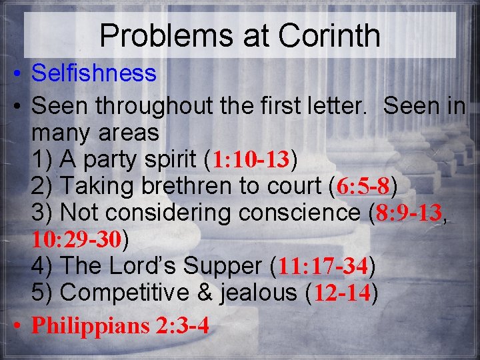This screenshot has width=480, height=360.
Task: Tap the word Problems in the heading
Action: [162, 36]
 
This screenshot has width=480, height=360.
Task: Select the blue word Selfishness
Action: [93, 73]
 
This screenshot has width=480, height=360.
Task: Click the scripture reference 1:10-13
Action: [251, 160]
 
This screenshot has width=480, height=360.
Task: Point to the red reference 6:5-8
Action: [363, 186]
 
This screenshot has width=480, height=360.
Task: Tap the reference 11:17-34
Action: [323, 267]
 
